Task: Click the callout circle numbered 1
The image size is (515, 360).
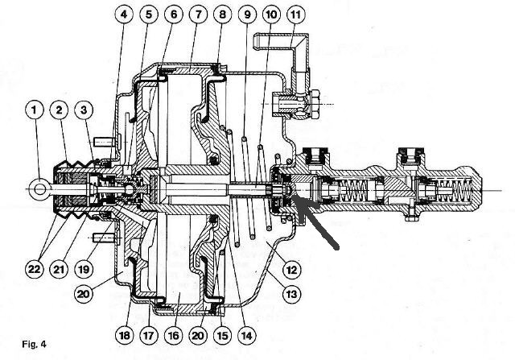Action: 34,110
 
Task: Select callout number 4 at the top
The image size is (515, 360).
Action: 124,14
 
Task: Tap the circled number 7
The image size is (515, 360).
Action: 198,14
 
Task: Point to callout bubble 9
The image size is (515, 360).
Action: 247,14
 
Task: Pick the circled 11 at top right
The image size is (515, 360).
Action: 296,14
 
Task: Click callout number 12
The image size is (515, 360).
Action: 291,269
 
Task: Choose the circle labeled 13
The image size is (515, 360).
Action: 291,294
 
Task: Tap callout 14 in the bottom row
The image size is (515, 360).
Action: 247,335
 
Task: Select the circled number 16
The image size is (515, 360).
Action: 174,335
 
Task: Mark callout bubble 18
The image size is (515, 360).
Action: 125,335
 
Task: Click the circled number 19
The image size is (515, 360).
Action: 84,269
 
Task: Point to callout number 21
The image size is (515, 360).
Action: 59,269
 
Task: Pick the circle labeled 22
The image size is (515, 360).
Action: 34,269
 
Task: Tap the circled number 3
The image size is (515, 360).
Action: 84,110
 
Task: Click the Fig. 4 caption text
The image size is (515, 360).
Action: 34,344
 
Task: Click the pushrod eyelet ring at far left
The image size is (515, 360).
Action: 39,189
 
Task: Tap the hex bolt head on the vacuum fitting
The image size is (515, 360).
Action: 315,104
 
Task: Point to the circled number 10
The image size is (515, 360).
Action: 272,14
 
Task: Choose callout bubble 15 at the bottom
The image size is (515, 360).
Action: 222,335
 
